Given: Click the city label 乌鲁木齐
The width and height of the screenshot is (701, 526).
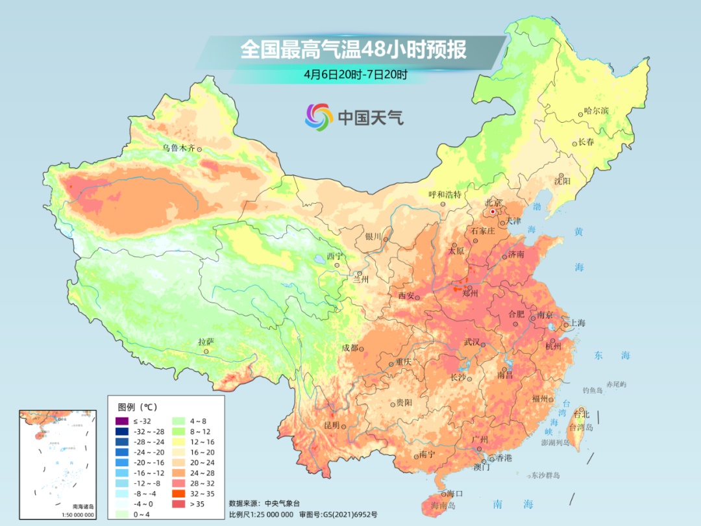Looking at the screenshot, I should pos(178,148).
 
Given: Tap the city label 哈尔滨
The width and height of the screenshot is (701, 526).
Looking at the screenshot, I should pos(596,111).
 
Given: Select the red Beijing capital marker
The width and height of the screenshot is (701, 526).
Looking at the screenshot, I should pos(493,212).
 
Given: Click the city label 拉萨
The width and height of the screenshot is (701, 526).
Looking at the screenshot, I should pos(206,342).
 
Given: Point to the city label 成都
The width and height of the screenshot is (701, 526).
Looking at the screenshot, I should pos(350,347).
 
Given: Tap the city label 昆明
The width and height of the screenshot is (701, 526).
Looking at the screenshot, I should pos(331,425).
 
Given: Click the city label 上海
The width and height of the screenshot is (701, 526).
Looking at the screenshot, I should pos(577,323).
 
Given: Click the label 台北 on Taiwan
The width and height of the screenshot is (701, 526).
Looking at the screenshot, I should pos(582,414).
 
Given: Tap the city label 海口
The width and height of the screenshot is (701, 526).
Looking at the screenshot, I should pos(455,494).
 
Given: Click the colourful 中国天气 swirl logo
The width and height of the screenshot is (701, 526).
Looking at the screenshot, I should pos(319,117).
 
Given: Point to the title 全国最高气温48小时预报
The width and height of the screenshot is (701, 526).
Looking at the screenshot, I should pos(353,50).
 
